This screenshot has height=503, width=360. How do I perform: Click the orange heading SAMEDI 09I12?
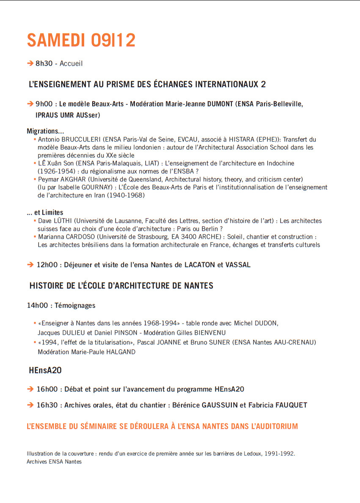(81, 40)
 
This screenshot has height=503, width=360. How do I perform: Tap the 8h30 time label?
(44, 63)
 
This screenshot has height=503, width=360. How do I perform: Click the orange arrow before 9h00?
(30, 104)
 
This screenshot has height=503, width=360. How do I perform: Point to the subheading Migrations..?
(45, 131)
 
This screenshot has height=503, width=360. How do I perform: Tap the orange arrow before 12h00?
(30, 265)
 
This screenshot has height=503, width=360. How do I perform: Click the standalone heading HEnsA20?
(45, 371)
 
